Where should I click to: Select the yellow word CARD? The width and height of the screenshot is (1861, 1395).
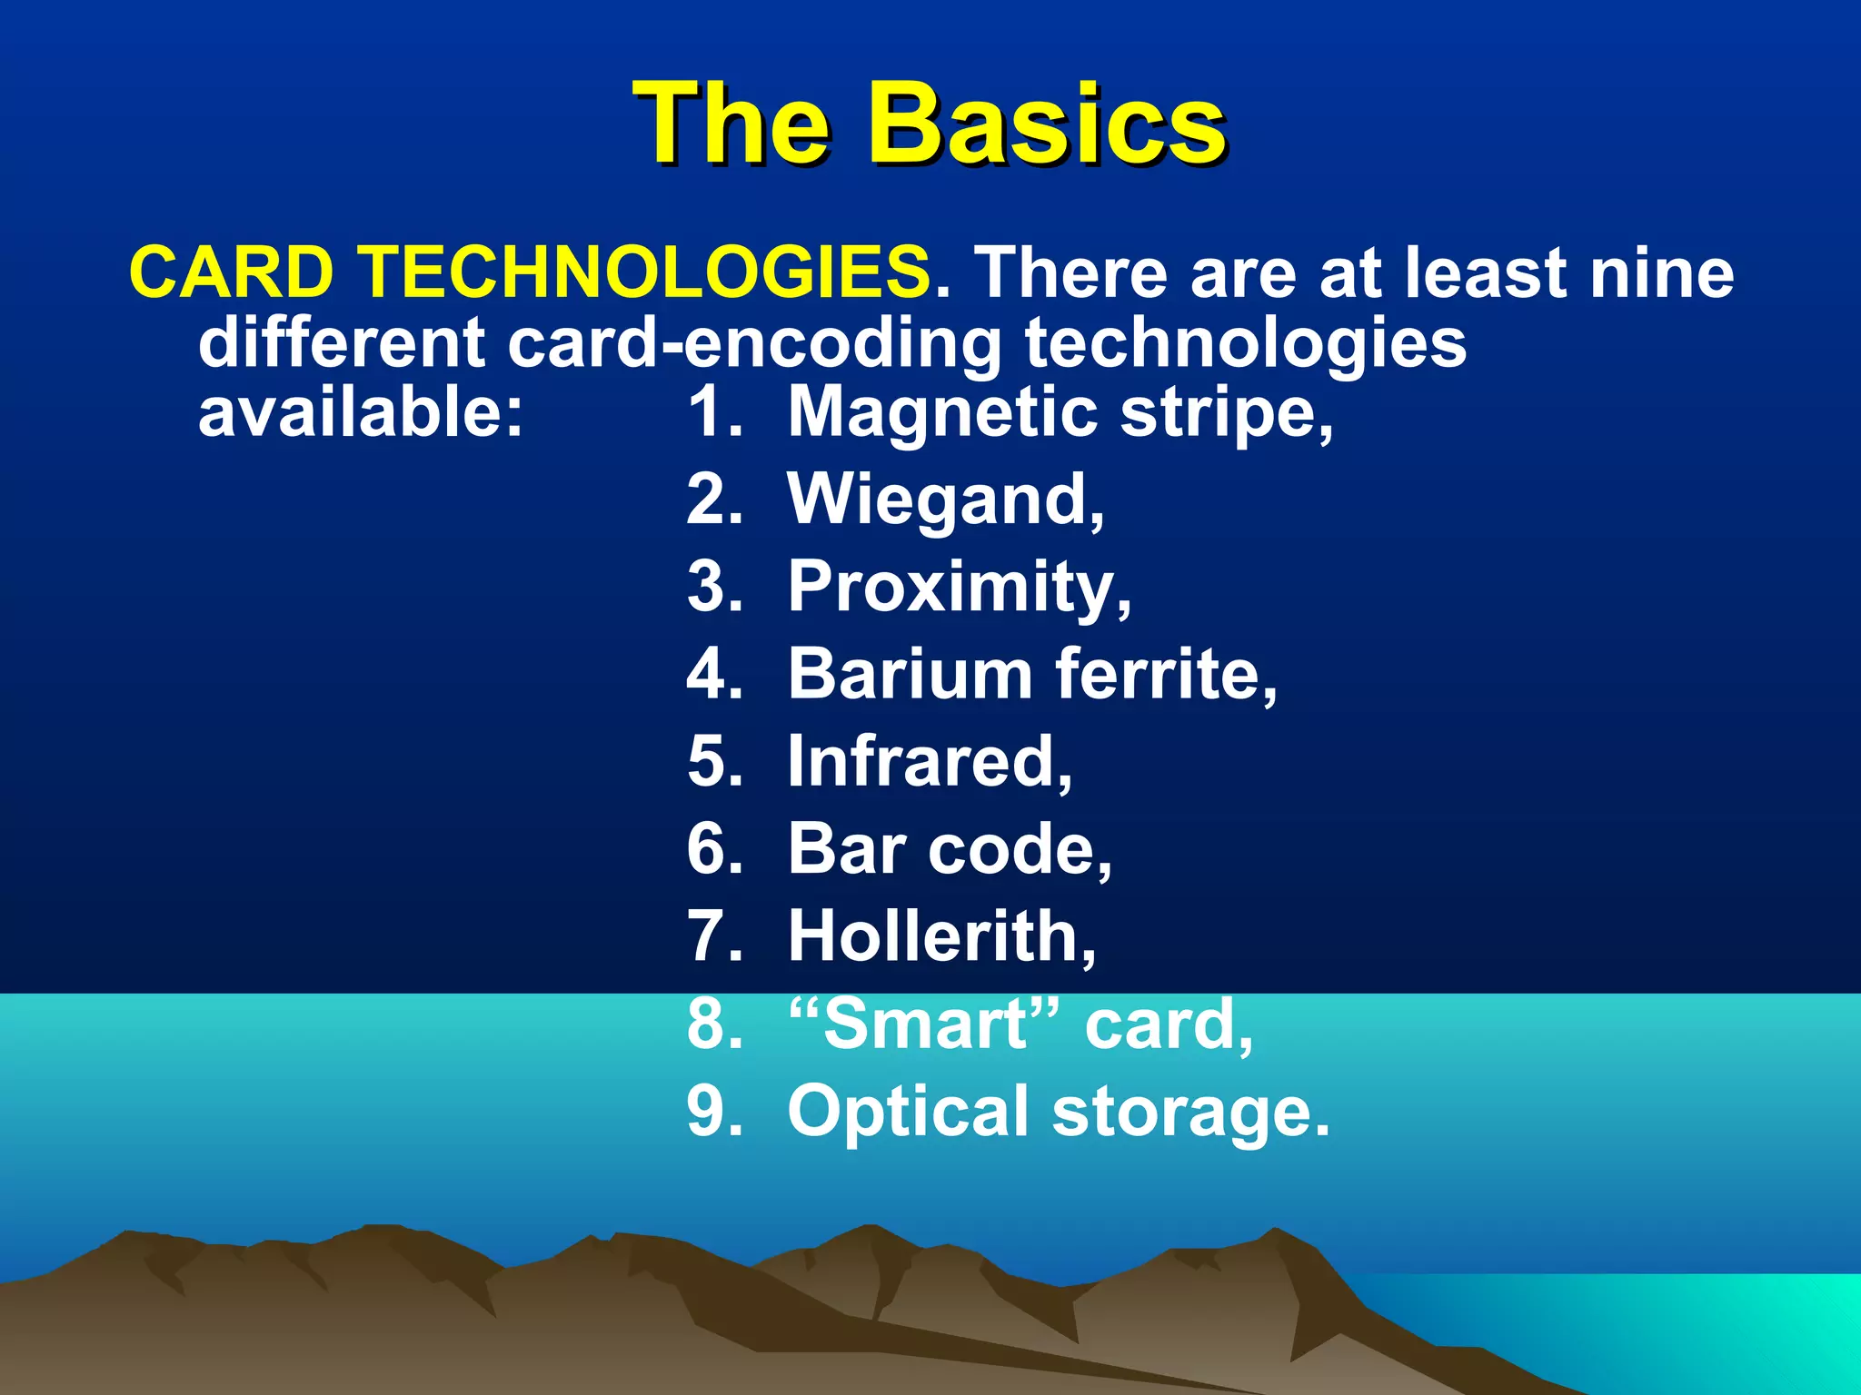tap(232, 272)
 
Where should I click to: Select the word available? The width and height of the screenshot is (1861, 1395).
tap(361, 413)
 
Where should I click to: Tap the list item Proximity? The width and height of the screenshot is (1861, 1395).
tap(959, 589)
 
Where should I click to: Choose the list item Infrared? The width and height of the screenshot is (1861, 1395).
tap(929, 762)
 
